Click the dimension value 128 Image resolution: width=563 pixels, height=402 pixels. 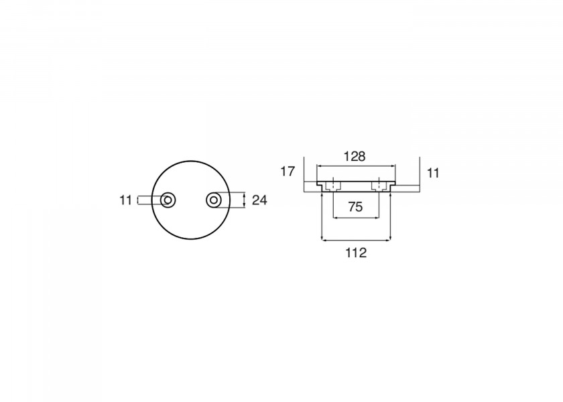355,157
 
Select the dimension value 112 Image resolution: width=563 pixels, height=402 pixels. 356,253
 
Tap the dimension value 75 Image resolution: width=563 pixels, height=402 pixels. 355,207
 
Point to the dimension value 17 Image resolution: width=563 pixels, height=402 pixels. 288,172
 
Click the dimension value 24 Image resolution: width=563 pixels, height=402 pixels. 259,200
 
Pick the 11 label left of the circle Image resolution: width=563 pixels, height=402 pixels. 126,200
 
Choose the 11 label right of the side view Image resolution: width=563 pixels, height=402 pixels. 434,174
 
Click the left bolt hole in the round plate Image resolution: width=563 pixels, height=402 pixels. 168,200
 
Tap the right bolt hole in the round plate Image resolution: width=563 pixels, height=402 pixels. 214,200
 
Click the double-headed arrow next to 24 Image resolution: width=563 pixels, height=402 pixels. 244,200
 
